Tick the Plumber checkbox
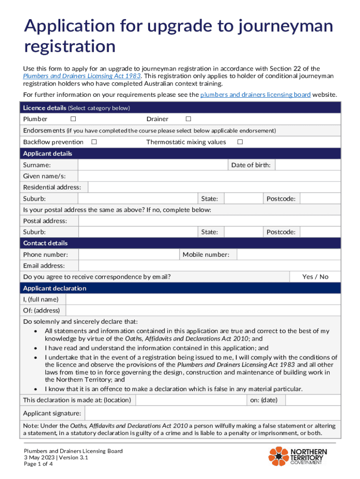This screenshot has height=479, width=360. point(73,119)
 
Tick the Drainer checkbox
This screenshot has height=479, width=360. point(188,119)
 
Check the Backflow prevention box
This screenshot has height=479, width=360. point(94,142)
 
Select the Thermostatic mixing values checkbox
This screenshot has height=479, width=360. point(240,142)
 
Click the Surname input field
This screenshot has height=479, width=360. point(152,165)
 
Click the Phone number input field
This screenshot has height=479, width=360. point(129,254)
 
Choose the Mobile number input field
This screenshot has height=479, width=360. point(288,254)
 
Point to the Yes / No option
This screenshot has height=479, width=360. point(315,277)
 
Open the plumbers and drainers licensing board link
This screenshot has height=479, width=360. point(255,95)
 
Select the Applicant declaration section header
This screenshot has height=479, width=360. point(55,288)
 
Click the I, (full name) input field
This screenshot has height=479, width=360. point(203,299)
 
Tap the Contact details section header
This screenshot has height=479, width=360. point(45,243)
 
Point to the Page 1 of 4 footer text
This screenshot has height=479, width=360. point(39,464)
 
